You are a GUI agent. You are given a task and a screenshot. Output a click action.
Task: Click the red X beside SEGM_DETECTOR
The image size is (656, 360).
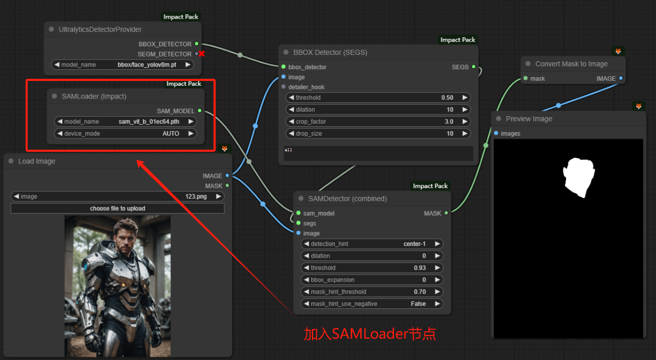tap(201, 54)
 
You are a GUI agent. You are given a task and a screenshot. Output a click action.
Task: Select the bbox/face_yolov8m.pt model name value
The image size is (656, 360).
tap(147, 65)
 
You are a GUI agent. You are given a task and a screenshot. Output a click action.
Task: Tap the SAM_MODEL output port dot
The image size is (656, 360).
tap(200, 111)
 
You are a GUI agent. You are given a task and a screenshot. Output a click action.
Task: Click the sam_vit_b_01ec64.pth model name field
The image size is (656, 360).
tap(149, 121)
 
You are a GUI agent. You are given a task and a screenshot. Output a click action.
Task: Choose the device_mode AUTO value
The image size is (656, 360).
tap(171, 134)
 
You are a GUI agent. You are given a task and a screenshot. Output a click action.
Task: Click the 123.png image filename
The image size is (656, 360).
tap(196, 197)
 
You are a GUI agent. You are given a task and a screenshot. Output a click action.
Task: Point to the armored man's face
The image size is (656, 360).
tap(126, 240)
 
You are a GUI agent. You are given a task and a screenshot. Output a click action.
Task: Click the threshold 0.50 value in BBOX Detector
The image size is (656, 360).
tap(447, 97)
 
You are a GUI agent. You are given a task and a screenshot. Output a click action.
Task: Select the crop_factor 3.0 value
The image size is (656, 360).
tap(449, 121)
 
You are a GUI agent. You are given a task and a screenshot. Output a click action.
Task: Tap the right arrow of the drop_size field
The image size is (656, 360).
tap(465, 134)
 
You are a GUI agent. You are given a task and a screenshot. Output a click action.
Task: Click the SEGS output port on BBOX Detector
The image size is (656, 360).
tap(473, 67)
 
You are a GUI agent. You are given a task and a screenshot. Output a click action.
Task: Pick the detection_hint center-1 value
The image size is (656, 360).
tap(414, 244)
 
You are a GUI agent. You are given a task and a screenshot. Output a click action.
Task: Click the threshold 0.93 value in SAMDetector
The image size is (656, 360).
tap(420, 268)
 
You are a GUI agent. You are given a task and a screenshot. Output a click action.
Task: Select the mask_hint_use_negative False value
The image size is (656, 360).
tap(418, 304)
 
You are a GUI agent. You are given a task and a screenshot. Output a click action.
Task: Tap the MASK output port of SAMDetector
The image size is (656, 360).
tap(446, 213)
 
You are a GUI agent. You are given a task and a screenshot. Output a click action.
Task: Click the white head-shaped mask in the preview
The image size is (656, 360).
tap(579, 177)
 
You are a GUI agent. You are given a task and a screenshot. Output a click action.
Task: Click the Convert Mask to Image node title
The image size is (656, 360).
tap(571, 64)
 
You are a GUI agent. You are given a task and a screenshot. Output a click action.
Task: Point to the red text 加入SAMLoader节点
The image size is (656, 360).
tap(370, 334)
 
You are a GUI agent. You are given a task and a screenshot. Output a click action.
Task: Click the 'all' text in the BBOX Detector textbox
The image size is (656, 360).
tap(288, 150)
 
